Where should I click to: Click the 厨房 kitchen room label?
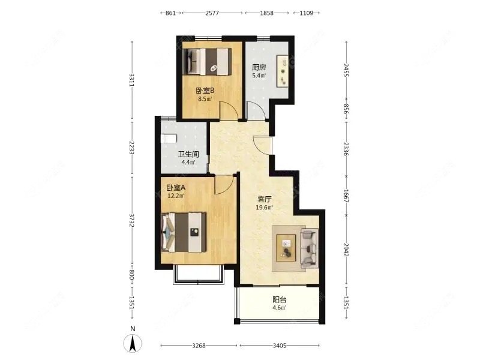point(259,67)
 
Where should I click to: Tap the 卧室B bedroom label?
point(205,91)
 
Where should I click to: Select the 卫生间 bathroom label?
point(188,154)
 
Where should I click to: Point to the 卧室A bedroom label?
point(176,187)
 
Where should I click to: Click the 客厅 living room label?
point(264,200)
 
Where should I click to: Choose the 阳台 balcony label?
point(280,299)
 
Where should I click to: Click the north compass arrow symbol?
point(133,343)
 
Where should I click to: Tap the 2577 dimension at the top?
point(212,13)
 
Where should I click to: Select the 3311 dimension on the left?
point(132,80)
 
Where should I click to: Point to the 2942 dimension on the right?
point(346,250)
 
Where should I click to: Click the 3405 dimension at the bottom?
point(280,346)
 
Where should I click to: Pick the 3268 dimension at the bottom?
point(199,346)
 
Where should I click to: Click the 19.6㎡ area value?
point(264,208)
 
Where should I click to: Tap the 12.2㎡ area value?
point(176,196)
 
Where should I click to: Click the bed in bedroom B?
point(207,62)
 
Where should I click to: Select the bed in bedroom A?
point(184,232)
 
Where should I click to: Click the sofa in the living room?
point(309,247)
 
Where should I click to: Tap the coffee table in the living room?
point(286,248)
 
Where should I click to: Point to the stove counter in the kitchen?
point(283,71)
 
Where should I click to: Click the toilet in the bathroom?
point(169,139)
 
